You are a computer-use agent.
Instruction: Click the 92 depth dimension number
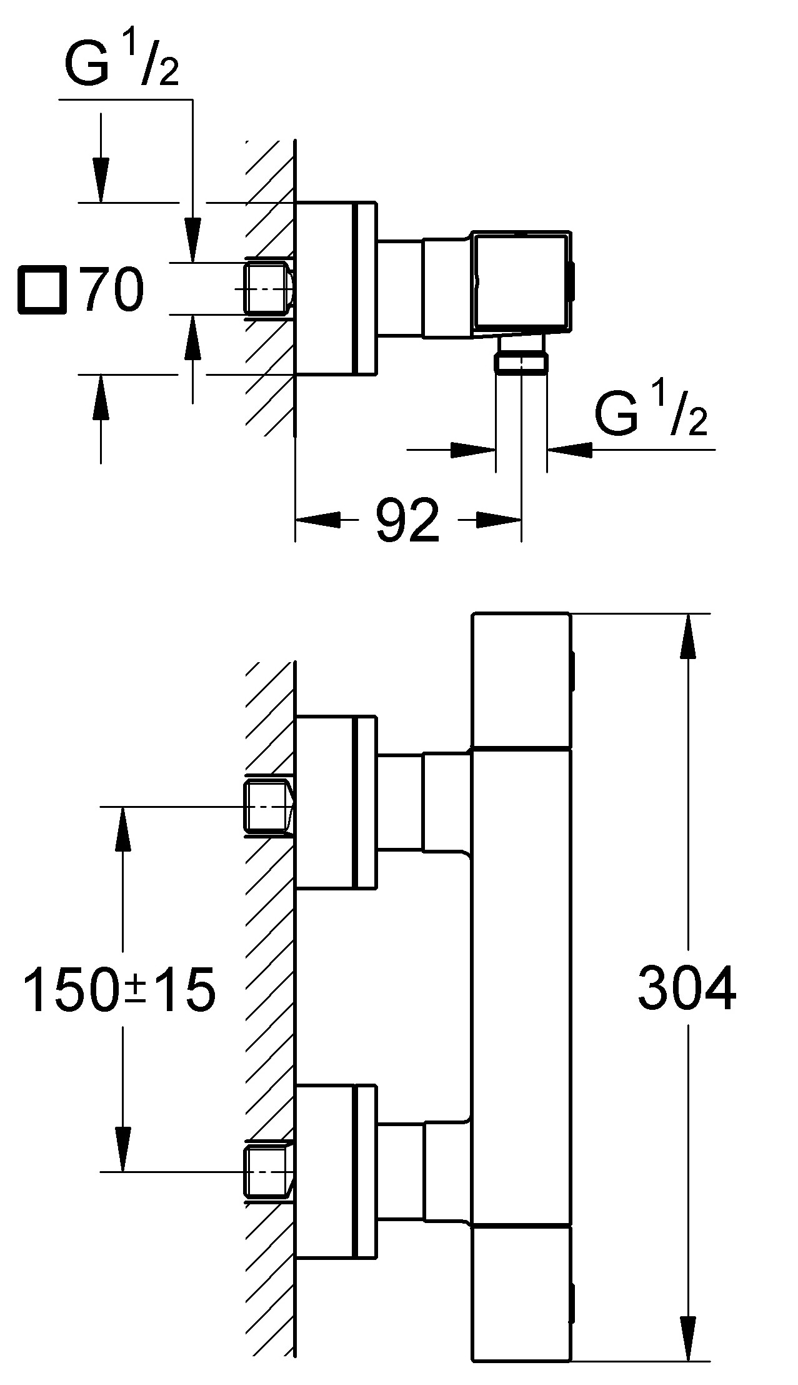tap(407, 520)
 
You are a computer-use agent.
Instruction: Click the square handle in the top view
tap(521, 281)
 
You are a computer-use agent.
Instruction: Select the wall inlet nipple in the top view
tap(269, 288)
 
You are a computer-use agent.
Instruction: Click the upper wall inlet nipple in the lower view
tap(269, 807)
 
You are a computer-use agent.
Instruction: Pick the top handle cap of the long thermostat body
tap(521, 680)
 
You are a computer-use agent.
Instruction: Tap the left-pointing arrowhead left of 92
tap(319, 519)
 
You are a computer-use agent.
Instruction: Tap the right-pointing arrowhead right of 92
tap(498, 519)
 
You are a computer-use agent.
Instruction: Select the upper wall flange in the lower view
tap(336, 802)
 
